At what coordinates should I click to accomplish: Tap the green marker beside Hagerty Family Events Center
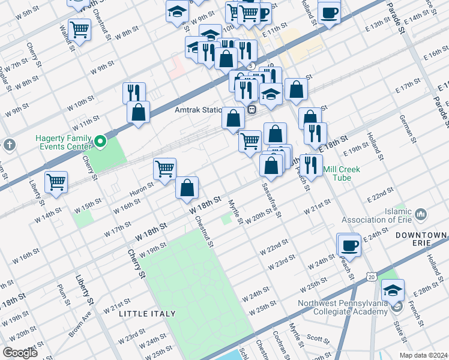(100, 142)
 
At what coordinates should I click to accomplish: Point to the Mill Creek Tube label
(342, 173)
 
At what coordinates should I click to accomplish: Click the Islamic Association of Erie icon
(420, 214)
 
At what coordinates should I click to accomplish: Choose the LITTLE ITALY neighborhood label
(147, 313)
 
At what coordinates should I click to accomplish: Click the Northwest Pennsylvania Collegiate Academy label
(343, 307)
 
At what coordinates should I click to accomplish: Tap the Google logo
(20, 353)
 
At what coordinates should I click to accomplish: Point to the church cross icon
(9, 145)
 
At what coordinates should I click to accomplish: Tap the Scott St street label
(315, 338)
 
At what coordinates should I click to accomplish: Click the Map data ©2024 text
(424, 355)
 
